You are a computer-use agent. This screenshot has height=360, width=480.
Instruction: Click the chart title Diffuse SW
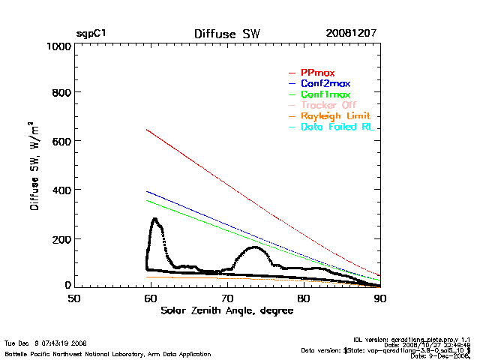tap(226, 34)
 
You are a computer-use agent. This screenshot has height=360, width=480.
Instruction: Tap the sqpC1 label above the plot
tap(91, 34)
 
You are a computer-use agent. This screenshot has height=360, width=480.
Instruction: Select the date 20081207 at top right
tap(351, 34)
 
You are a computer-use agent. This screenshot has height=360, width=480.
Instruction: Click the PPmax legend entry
tap(317, 73)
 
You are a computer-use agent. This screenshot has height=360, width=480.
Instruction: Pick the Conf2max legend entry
tap(325, 84)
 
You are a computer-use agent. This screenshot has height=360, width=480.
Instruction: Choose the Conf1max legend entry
tap(325, 95)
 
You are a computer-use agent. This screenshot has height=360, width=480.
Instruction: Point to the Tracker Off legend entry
tap(328, 106)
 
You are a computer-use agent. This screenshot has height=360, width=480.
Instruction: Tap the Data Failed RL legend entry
tap(337, 128)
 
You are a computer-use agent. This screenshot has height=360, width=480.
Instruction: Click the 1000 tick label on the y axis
tap(57, 46)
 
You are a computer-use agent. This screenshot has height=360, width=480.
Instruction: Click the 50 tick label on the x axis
tap(74, 298)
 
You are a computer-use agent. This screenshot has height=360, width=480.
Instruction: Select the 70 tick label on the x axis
tap(226, 298)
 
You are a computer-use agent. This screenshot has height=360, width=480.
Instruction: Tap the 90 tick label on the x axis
tap(380, 298)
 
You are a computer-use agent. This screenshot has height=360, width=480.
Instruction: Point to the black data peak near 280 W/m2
tap(154, 219)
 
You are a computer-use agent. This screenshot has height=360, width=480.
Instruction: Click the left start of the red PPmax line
tap(146, 130)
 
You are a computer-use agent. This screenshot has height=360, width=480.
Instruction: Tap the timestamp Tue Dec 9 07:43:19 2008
tap(46, 343)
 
